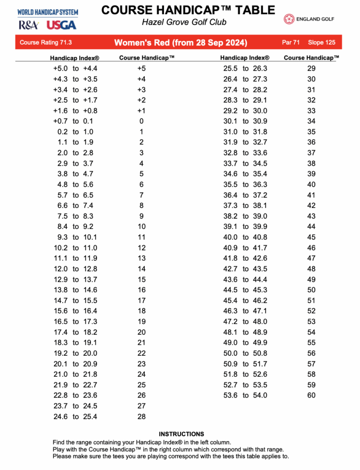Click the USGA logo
pyautogui.click(x=62, y=25)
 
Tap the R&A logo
pyautogui.click(x=28, y=25)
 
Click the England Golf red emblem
pyautogui.click(x=289, y=19)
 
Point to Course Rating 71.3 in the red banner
pyautogui.click(x=46, y=43)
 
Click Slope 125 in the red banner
pyautogui.click(x=321, y=43)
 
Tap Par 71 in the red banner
pyautogui.click(x=291, y=43)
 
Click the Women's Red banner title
pyautogui.click(x=180, y=43)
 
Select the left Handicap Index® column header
pyautogui.click(x=74, y=58)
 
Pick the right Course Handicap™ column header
pyautogui.click(x=311, y=58)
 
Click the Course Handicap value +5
pyautogui.click(x=141, y=68)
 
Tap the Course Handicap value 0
pyautogui.click(x=141, y=121)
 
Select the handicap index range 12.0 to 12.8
pyautogui.click(x=75, y=269)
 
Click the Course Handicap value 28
pyautogui.click(x=141, y=417)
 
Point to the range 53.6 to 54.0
pyautogui.click(x=245, y=396)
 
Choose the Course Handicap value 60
pyautogui.click(x=311, y=396)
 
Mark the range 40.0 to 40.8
pyautogui.click(x=245, y=237)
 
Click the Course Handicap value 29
pyautogui.click(x=311, y=68)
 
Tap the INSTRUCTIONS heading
pyautogui.click(x=181, y=434)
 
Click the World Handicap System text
pyautogui.click(x=48, y=12)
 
